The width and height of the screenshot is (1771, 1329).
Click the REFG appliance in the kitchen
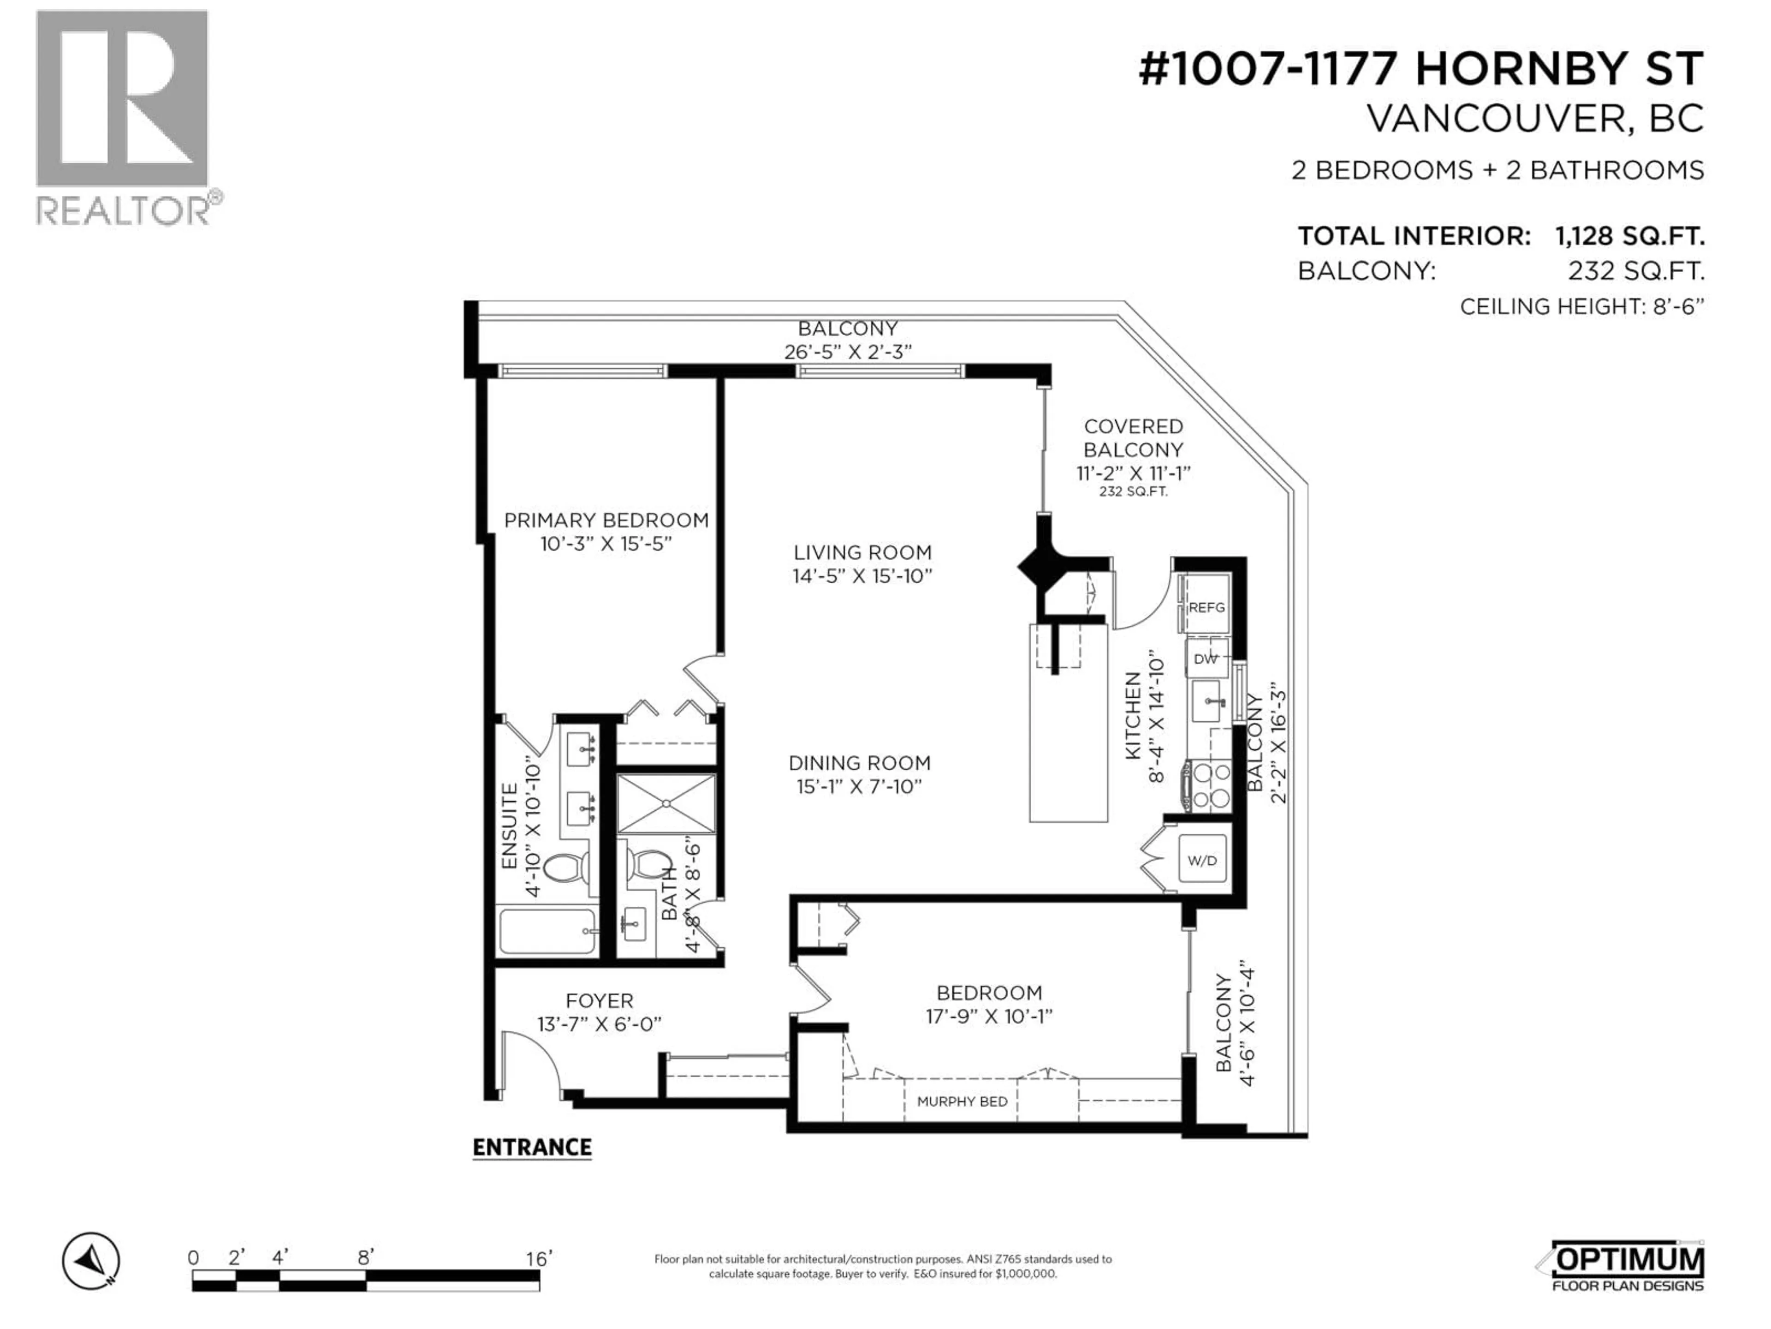[x=1206, y=607]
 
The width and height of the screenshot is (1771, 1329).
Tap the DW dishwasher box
[x=1206, y=659]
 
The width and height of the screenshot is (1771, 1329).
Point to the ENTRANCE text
[x=532, y=1147]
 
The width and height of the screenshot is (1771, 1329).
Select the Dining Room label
[x=859, y=763]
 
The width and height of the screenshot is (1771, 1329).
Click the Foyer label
[x=599, y=1000]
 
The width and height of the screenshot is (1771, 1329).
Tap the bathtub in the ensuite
[x=547, y=931]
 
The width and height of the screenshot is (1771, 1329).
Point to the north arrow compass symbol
[x=90, y=1261]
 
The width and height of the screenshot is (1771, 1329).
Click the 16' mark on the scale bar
[x=538, y=1258]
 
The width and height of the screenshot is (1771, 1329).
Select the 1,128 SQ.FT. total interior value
[x=1629, y=236]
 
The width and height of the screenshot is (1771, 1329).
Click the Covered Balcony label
[x=1133, y=438]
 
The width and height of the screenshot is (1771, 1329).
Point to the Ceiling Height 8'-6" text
[x=1581, y=307]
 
